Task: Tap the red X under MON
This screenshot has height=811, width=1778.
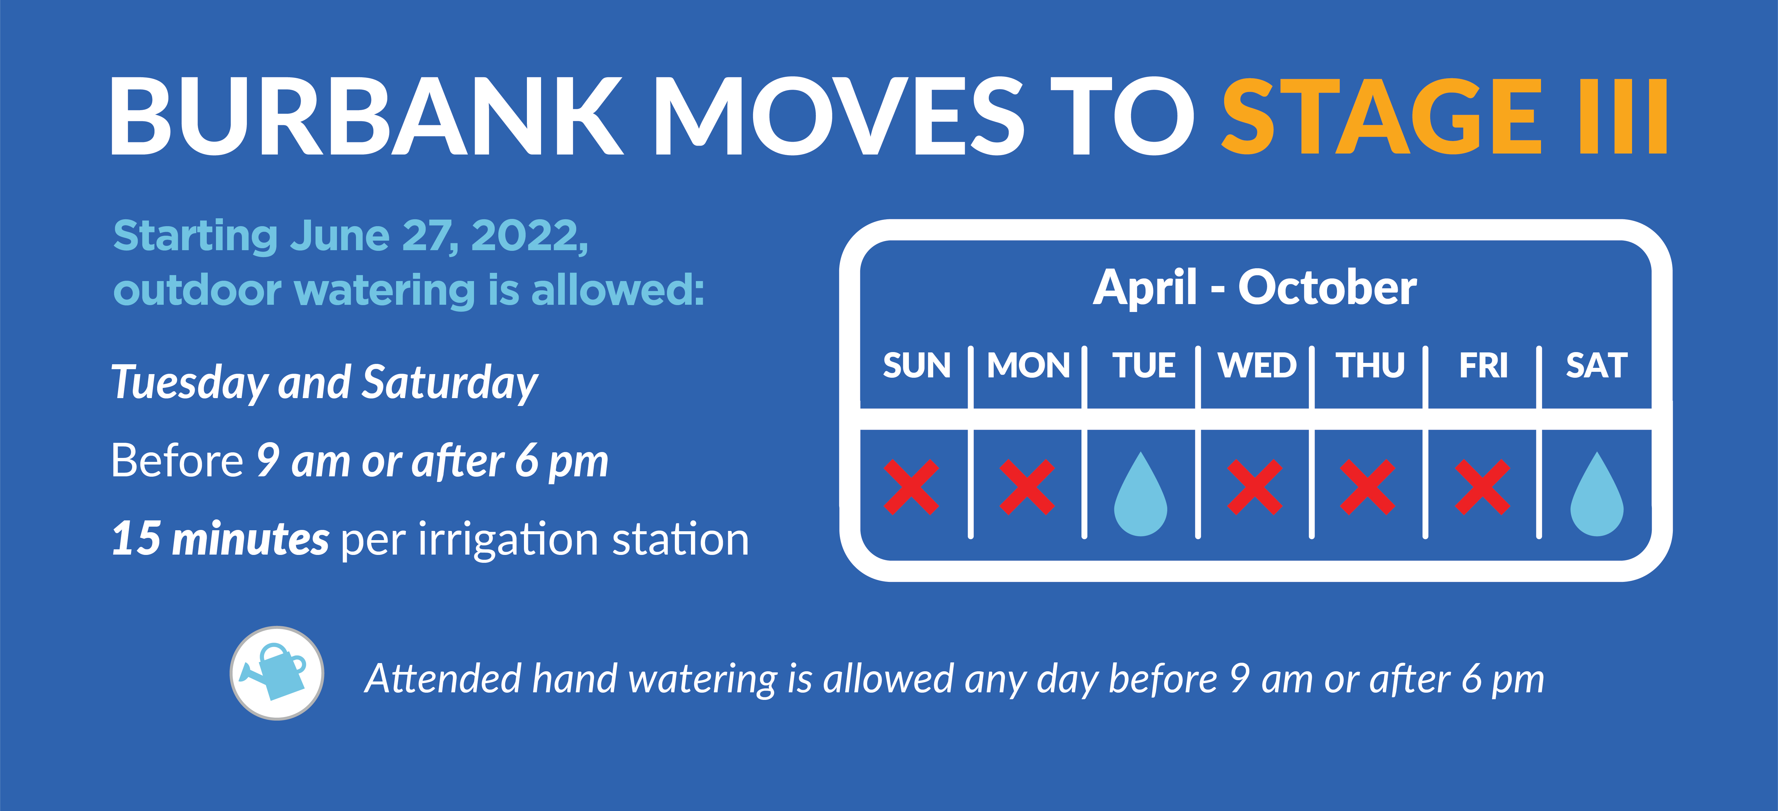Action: (x=1027, y=487)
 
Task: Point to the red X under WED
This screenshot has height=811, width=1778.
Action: (x=1255, y=487)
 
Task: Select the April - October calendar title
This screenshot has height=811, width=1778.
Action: (x=1255, y=288)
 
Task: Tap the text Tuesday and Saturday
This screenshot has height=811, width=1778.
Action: (x=324, y=383)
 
